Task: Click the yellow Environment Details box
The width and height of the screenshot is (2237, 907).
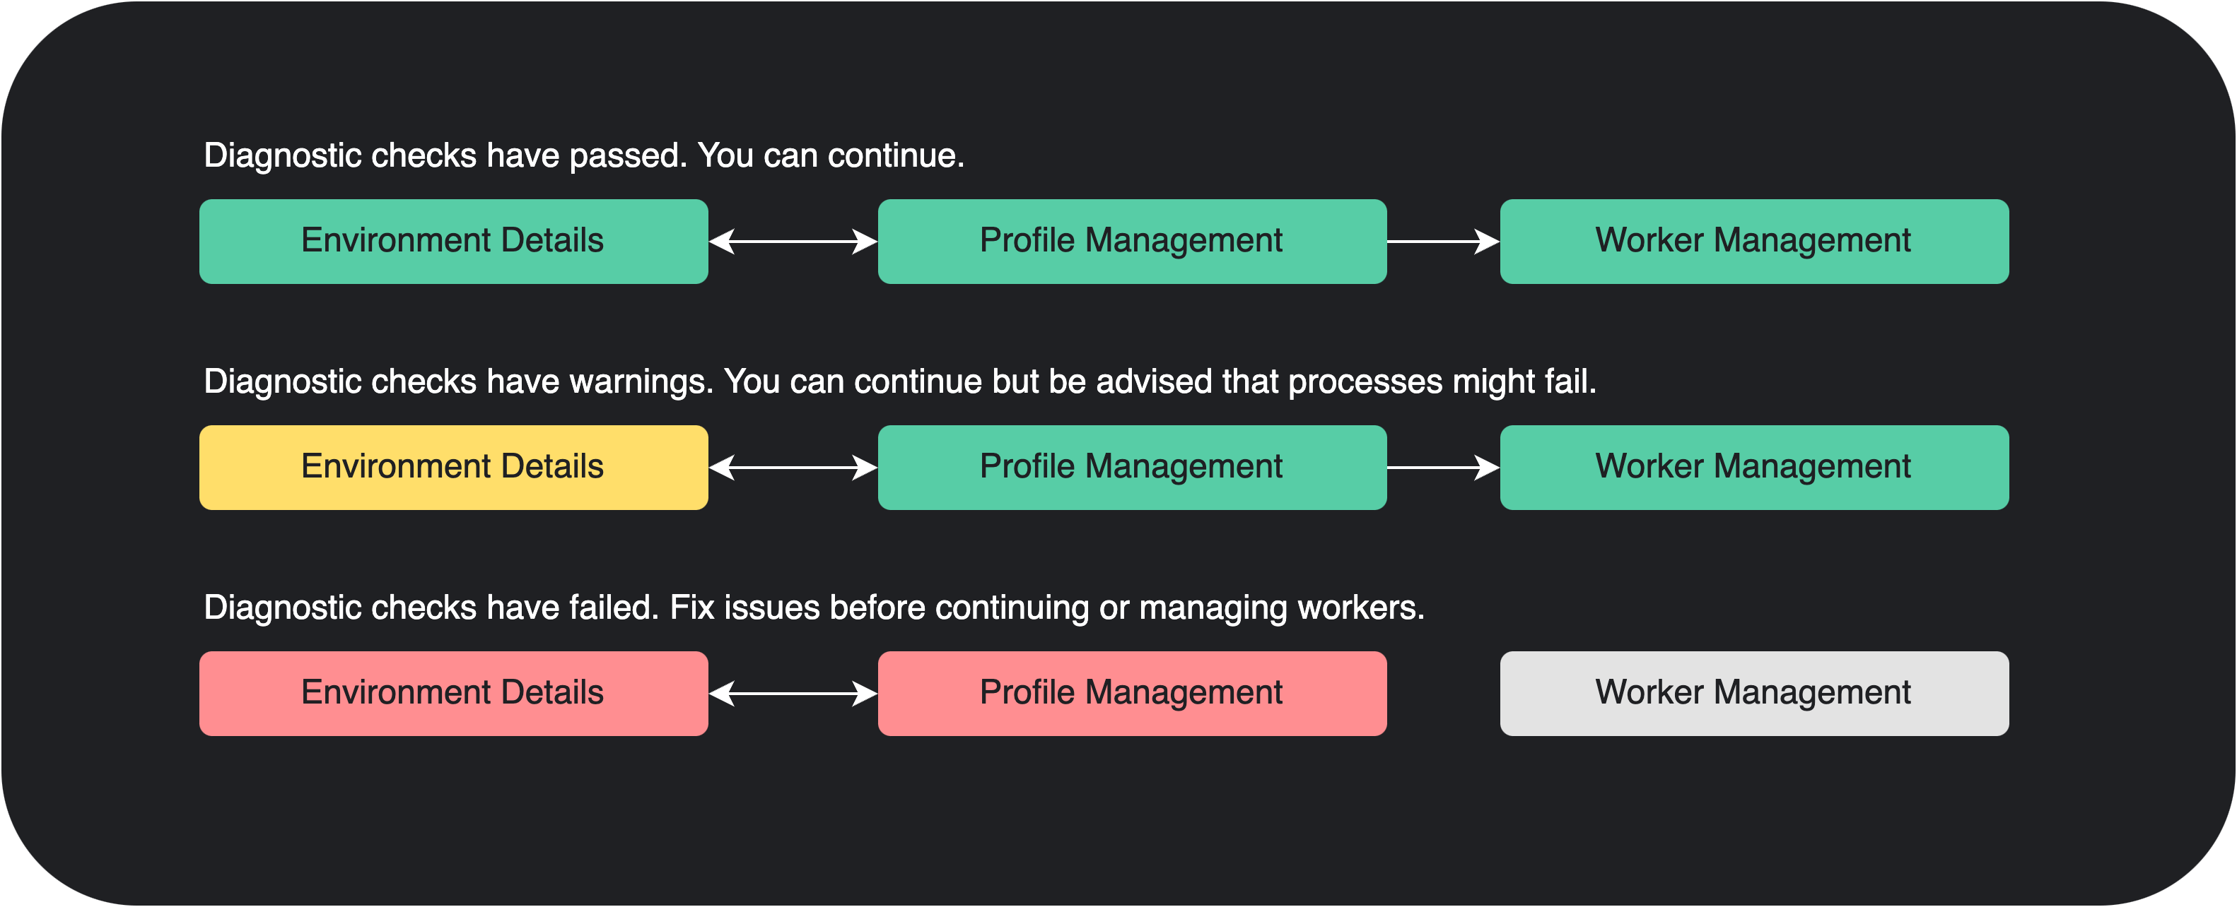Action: point(453,467)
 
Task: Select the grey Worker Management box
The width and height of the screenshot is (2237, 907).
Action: point(1754,694)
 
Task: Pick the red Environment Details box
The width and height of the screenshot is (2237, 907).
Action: point(453,694)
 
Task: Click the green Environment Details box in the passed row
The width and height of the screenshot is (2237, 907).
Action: point(453,242)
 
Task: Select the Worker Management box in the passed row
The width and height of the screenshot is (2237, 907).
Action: point(1754,242)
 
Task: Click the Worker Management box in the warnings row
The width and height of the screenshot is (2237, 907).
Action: point(1754,467)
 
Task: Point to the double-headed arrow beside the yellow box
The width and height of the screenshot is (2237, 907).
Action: point(793,468)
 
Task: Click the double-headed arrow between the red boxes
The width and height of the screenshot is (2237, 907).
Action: point(793,694)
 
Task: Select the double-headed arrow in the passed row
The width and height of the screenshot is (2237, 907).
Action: point(793,242)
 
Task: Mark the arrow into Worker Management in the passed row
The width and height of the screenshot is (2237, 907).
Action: point(1443,242)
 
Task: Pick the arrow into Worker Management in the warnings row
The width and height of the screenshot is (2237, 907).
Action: point(1443,468)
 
